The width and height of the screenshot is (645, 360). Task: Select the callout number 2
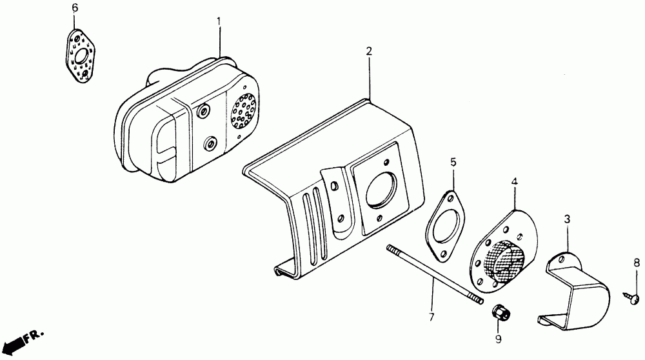[370, 51]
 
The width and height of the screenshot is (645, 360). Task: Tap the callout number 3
[567, 220]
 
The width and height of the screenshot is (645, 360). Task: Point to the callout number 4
[514, 183]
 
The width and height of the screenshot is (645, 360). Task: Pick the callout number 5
[453, 162]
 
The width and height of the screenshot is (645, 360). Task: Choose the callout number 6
[74, 8]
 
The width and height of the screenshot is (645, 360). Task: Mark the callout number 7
[432, 317]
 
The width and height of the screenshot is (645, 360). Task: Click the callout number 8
[636, 263]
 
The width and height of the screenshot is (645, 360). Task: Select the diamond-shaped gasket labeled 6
[81, 56]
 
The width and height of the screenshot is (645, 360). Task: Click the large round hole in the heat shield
[379, 190]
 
